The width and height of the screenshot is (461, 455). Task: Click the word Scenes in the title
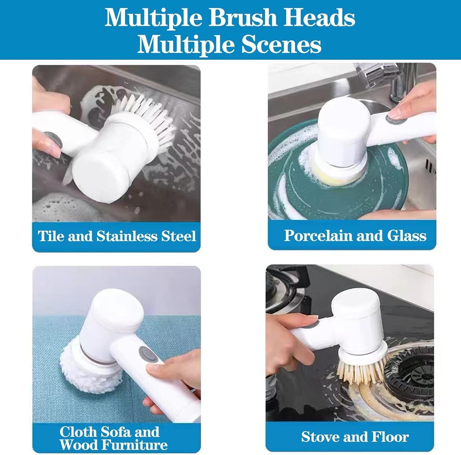coord(281,45)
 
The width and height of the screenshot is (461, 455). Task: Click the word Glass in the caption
coord(406,236)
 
